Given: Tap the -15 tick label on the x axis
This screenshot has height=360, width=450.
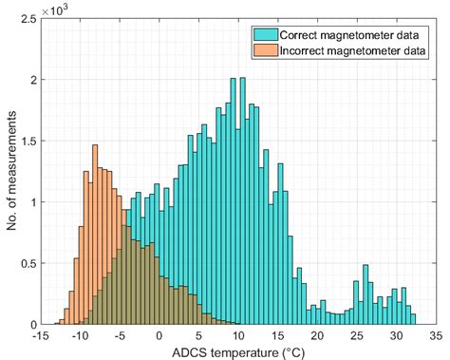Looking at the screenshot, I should [x=40, y=335].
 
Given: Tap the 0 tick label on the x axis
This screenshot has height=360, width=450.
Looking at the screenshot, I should [x=159, y=335].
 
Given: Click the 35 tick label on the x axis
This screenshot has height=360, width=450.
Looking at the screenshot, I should [x=437, y=335].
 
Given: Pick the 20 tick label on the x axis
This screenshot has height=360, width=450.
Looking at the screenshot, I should [x=318, y=335].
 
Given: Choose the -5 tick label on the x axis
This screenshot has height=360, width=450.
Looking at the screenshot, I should [x=120, y=335].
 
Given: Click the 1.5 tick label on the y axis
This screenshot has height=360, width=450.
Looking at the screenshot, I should [x=25, y=141].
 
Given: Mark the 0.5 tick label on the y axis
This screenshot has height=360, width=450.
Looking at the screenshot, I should [x=25, y=263].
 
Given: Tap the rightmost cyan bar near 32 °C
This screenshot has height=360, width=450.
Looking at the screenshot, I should [x=412, y=317].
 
